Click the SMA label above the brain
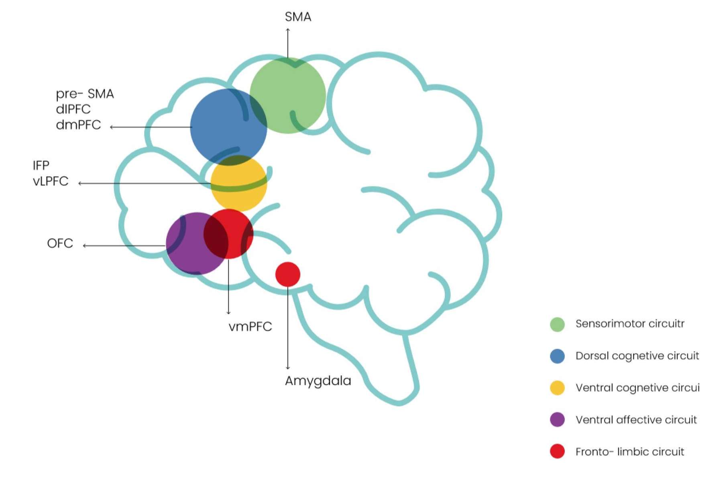pos(298,17)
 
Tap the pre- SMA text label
pos(85,94)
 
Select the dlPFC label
pos(73,109)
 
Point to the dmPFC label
pos(78,125)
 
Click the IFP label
pos(41,165)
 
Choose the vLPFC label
pos(51,182)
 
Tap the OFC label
pos(60,243)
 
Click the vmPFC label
pos(250,327)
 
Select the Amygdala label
pos(318,381)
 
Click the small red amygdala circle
pos(288,274)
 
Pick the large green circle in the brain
pos(288,95)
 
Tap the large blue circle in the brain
pos(228,127)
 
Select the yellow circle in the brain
pos(239,184)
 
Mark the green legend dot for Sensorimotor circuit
pos(557,324)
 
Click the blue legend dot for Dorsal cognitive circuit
pos(557,356)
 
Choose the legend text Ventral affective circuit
pos(636,420)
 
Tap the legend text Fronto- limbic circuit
pos(629,452)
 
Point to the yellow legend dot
pos(557,388)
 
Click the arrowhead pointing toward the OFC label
pos(85,245)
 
